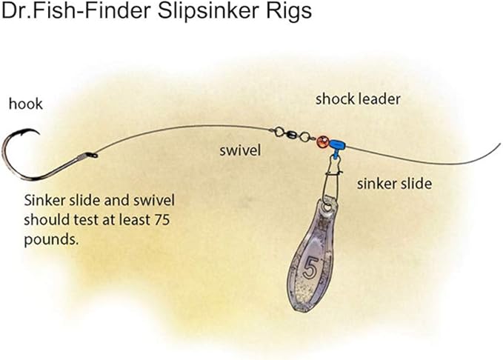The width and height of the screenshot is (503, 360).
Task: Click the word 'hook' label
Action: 25,104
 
